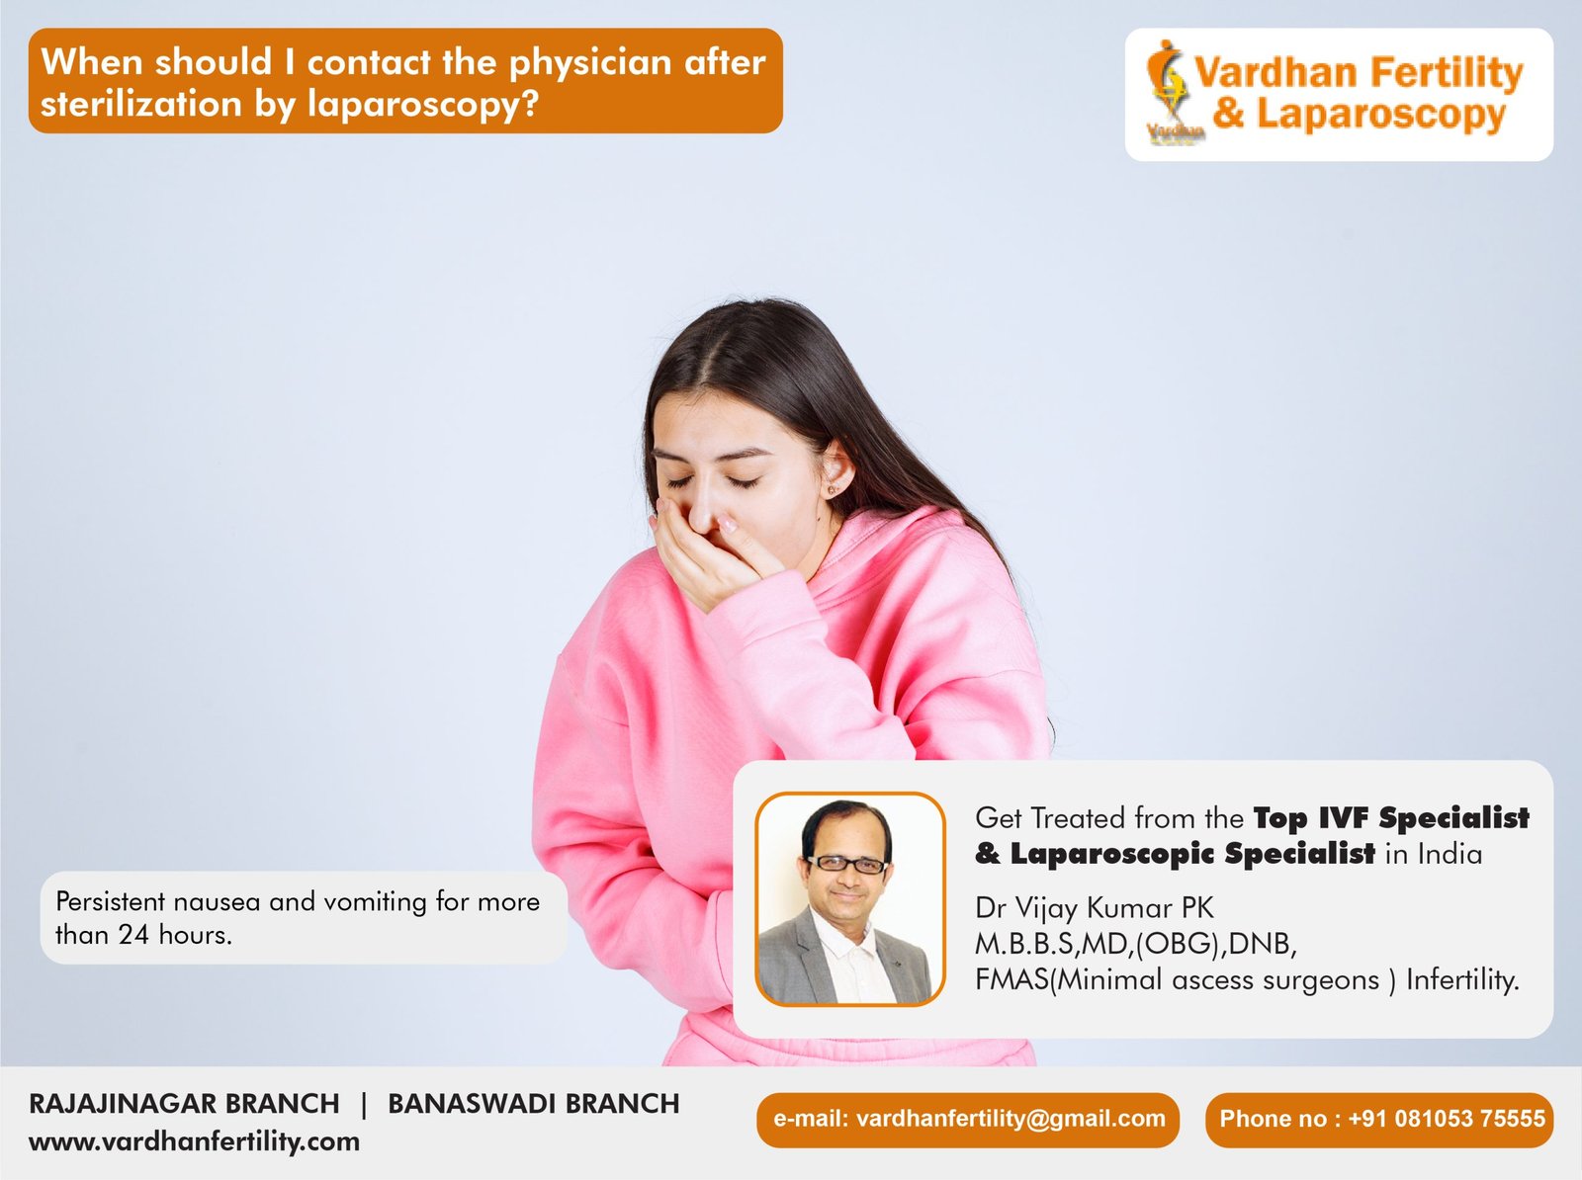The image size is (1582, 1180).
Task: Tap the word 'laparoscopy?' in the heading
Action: (423, 105)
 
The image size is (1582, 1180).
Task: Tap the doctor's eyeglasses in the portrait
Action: (846, 864)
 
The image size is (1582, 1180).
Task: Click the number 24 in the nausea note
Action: (133, 934)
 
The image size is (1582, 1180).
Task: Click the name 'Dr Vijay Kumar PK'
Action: (1095, 907)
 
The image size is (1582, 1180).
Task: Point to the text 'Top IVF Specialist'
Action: (1391, 818)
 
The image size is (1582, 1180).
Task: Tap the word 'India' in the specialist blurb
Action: (1450, 855)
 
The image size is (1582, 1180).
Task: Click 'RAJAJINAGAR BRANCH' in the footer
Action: (184, 1104)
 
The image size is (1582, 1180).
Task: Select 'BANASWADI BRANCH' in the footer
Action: (533, 1104)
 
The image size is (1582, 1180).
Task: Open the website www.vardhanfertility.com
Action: (194, 1141)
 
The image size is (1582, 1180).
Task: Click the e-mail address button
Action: (968, 1120)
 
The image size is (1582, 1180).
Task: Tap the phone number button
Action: (1379, 1120)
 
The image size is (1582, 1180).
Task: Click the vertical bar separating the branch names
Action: (364, 1105)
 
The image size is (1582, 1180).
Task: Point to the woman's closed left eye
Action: (742, 482)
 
